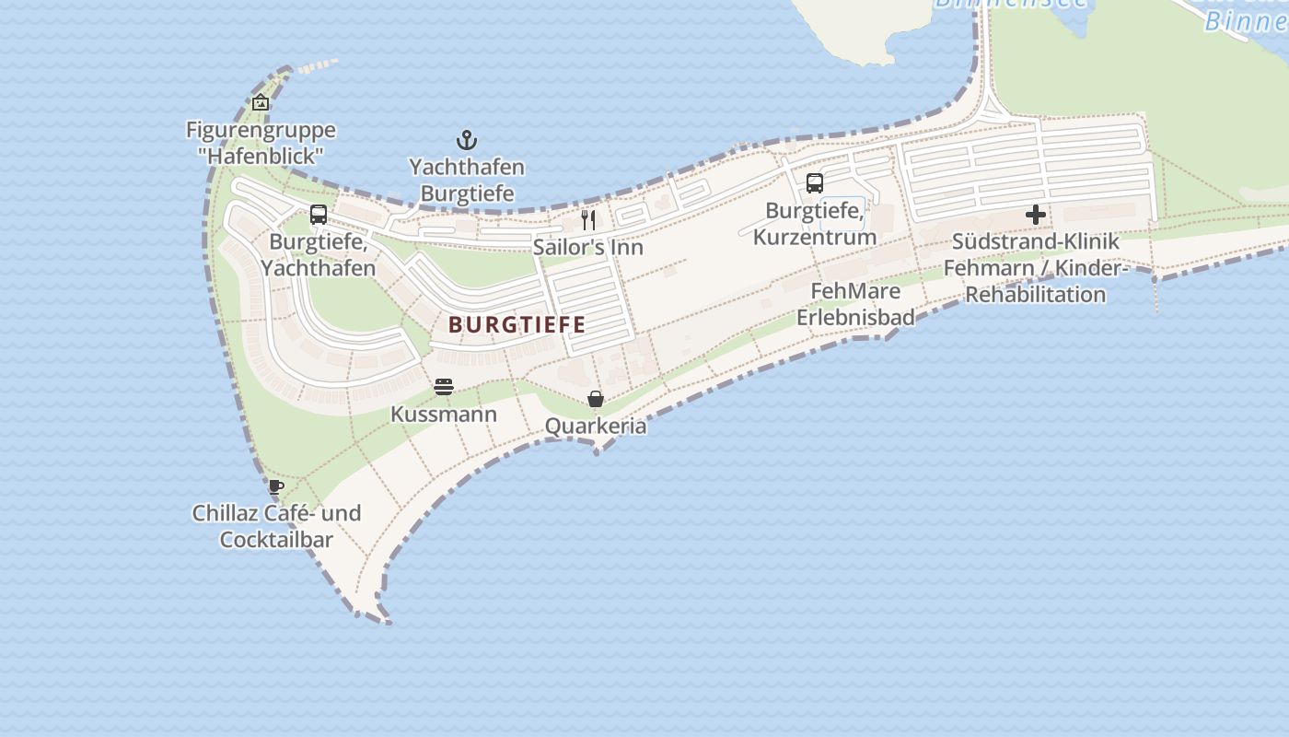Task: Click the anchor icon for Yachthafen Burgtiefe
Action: [x=467, y=141]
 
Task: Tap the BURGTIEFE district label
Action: [x=517, y=324]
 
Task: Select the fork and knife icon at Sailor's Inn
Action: [x=588, y=220]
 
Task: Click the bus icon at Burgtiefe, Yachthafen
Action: [x=319, y=215]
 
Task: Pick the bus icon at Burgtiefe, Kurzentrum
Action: [x=815, y=182]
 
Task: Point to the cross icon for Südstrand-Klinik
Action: [x=1036, y=216]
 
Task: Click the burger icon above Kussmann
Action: [x=444, y=387]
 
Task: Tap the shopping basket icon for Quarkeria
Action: [x=596, y=399]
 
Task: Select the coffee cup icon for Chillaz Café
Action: [x=276, y=486]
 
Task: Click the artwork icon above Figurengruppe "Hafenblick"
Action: [x=261, y=102]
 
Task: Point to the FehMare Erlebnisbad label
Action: [x=855, y=304]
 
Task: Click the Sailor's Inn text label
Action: [x=587, y=247]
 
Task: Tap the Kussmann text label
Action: [x=444, y=414]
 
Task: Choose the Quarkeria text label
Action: [x=596, y=427]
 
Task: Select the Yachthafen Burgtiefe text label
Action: [x=467, y=181]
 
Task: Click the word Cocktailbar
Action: [x=276, y=539]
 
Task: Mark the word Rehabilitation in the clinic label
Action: [x=1035, y=295]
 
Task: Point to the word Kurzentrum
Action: [x=815, y=237]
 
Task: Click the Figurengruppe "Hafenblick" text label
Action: [x=261, y=143]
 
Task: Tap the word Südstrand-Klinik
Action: [x=1036, y=241]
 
